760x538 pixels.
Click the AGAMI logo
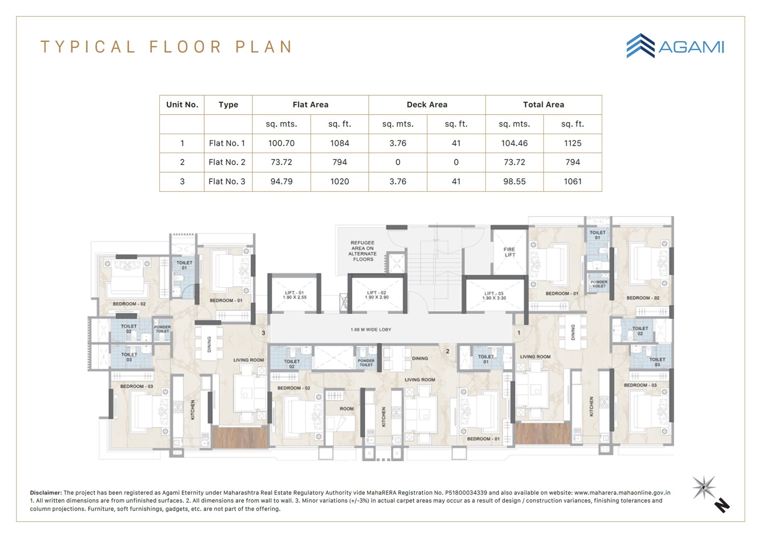(x=675, y=46)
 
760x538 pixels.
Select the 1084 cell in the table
(x=339, y=143)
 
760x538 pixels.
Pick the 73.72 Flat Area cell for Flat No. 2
(x=281, y=162)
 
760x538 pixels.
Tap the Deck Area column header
(x=427, y=105)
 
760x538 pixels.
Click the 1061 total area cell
(x=572, y=181)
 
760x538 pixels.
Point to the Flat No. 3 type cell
(x=227, y=181)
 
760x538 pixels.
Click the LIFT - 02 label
(x=376, y=295)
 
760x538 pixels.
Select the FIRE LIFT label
(x=509, y=252)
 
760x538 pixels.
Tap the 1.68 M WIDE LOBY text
(x=371, y=329)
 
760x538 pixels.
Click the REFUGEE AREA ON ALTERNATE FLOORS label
(x=363, y=251)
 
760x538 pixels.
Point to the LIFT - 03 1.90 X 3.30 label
(x=494, y=295)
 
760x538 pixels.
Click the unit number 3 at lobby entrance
(x=263, y=333)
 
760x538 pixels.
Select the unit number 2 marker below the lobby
(x=447, y=351)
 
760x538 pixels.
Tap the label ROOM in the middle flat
(x=347, y=408)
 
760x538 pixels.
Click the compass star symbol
(x=704, y=488)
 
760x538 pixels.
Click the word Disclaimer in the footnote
(x=46, y=492)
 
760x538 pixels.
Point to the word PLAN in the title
(x=264, y=47)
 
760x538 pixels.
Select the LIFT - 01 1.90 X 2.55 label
(x=294, y=295)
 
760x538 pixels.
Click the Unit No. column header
(x=182, y=105)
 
